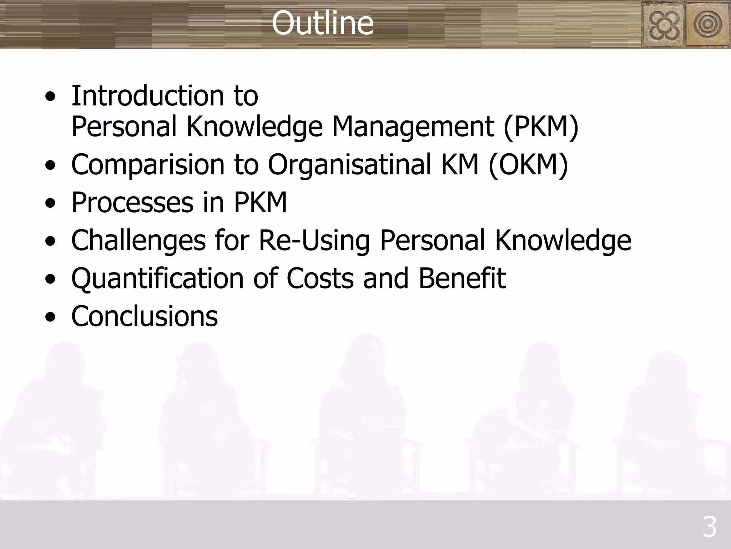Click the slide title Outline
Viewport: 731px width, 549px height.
coord(322,23)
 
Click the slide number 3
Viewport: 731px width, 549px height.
coord(709,527)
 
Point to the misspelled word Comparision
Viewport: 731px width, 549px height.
coord(148,165)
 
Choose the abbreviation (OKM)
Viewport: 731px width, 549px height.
coord(528,165)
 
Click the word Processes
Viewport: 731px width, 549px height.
coord(132,203)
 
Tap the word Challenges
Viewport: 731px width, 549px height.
coord(138,241)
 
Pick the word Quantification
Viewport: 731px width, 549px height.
coord(157,278)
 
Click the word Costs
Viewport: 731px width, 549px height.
coord(320,278)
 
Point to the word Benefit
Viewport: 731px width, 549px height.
coord(462,278)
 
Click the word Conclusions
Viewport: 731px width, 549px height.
coord(145,316)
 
